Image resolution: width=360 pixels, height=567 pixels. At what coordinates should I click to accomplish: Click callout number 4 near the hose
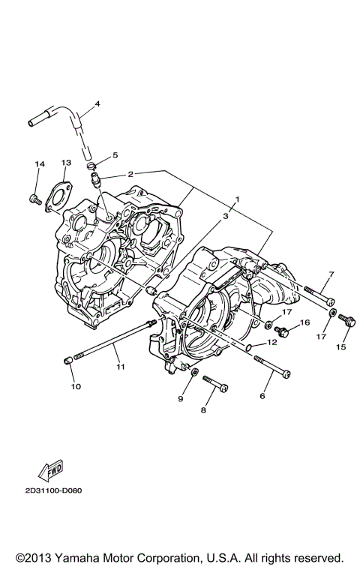coord(97,104)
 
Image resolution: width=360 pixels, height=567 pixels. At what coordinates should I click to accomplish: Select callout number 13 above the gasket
coord(66,163)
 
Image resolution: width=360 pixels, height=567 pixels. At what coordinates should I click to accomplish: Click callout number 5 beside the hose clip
coord(115,155)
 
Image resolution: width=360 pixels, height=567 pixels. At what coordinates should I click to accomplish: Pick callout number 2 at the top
coord(130,173)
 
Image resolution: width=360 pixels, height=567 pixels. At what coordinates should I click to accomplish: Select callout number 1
coord(237,200)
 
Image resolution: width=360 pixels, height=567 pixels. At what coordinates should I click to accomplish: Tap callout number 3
coord(224,215)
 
